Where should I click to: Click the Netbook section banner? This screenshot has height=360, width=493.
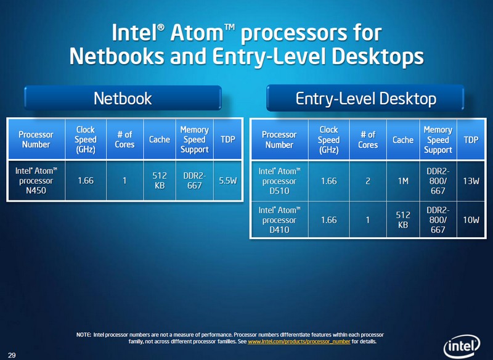(x=123, y=98)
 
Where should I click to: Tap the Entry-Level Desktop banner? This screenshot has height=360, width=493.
(x=365, y=98)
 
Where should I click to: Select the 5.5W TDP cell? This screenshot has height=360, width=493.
(x=227, y=181)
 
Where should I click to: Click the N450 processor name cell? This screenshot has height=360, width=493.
(x=36, y=181)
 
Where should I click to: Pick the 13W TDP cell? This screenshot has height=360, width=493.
(x=471, y=181)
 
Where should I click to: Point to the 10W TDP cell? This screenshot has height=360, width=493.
(x=471, y=220)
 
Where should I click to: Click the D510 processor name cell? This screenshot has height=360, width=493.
(x=280, y=181)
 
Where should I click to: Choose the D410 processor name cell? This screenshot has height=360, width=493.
(x=280, y=220)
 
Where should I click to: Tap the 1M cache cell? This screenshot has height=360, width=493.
(x=403, y=181)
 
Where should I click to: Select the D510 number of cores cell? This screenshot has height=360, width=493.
(x=368, y=181)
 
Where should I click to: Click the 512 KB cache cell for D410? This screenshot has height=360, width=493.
(x=403, y=220)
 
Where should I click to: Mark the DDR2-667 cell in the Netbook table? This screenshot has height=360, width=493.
(x=195, y=181)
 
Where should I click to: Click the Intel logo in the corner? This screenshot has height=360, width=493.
(x=462, y=346)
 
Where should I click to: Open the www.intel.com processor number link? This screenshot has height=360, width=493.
(x=299, y=342)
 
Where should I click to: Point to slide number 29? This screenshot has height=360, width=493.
(x=12, y=355)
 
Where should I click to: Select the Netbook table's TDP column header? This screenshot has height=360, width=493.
(x=227, y=139)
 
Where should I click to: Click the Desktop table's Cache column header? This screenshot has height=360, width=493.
(x=403, y=140)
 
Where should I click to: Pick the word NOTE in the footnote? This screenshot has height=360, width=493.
(x=84, y=335)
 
